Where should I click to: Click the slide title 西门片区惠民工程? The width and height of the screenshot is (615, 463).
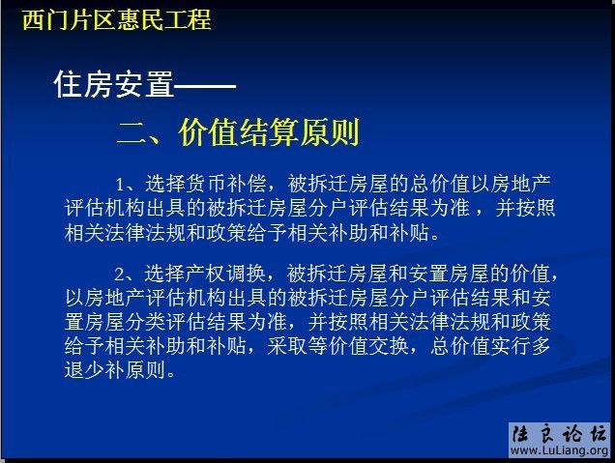(116, 18)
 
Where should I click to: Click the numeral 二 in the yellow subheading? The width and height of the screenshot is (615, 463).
(131, 132)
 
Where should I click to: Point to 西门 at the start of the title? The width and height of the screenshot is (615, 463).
(45, 18)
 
